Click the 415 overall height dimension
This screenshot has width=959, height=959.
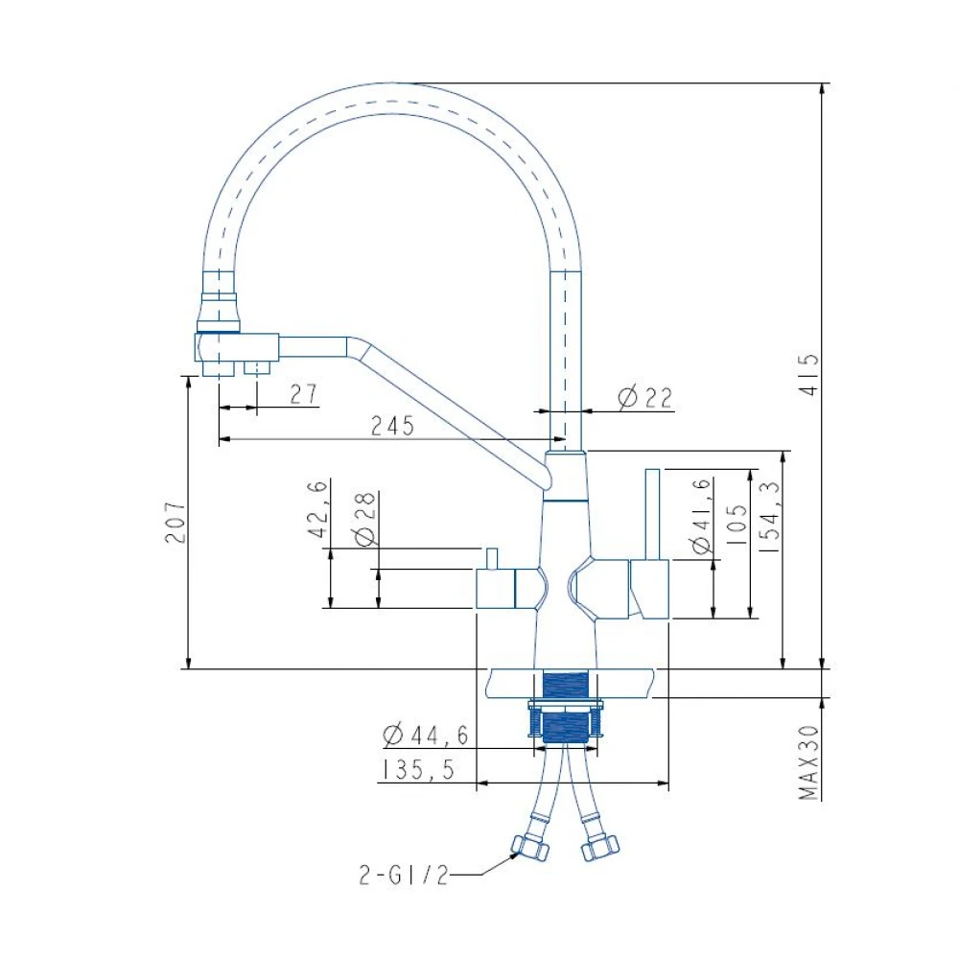(x=809, y=374)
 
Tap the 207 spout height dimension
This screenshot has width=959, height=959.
(x=175, y=522)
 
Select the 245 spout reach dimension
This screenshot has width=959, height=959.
(x=392, y=426)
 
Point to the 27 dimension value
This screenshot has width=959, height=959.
(x=304, y=394)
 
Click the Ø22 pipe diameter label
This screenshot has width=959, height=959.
(x=645, y=398)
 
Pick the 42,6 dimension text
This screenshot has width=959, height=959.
(x=318, y=509)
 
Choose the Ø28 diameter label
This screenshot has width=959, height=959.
(x=365, y=518)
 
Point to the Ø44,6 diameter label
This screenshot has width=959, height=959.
(x=426, y=735)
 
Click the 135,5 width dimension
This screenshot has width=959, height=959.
(x=418, y=770)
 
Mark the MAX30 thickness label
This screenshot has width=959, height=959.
(x=808, y=762)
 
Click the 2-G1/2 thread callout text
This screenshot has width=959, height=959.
(x=404, y=876)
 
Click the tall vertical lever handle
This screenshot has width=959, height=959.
(x=652, y=514)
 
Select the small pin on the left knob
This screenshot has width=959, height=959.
(x=492, y=558)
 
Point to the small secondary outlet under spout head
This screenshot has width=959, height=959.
(x=257, y=367)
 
